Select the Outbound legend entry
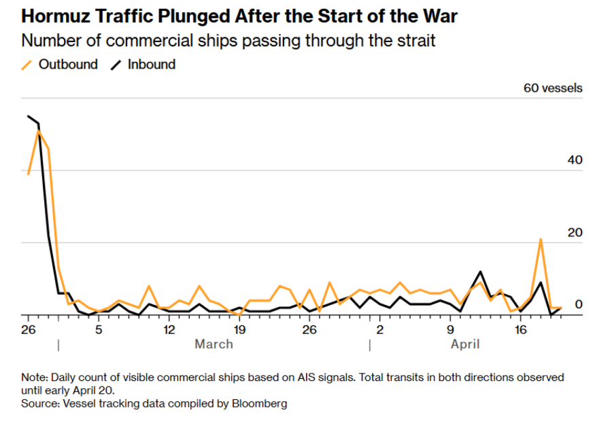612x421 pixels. tap(67, 65)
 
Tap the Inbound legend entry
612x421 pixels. tap(151, 65)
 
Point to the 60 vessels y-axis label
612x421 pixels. tap(552, 88)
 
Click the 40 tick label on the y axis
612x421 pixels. tap(575, 160)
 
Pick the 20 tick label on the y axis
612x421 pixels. tap(575, 233)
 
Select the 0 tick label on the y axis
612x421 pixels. tap(579, 305)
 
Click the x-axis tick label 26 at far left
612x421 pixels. tap(27, 330)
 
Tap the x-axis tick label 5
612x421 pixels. tap(99, 330)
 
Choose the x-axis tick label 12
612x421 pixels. tap(169, 330)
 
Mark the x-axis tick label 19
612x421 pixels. tap(239, 330)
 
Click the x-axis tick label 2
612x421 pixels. tap(380, 330)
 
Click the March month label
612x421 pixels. tap(214, 344)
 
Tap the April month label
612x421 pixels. tap(465, 344)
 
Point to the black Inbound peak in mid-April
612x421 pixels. tap(481, 272)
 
